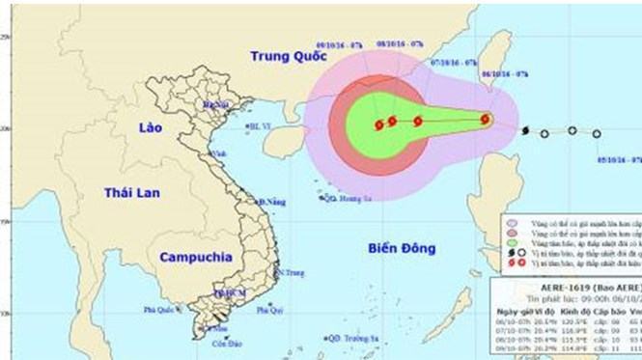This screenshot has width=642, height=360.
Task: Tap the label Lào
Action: [149, 128]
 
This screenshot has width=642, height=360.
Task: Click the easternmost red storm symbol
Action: [485, 121]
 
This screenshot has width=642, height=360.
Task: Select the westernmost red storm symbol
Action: [378, 123]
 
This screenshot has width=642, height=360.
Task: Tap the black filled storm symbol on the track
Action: [524, 130]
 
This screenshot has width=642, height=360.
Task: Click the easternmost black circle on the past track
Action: [597, 134]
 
